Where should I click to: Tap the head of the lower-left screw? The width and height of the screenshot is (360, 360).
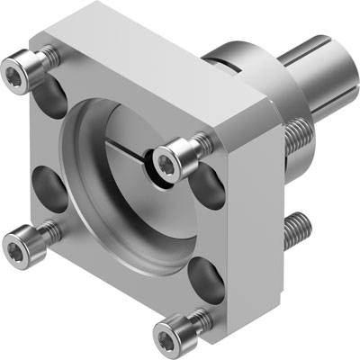[20, 242]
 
